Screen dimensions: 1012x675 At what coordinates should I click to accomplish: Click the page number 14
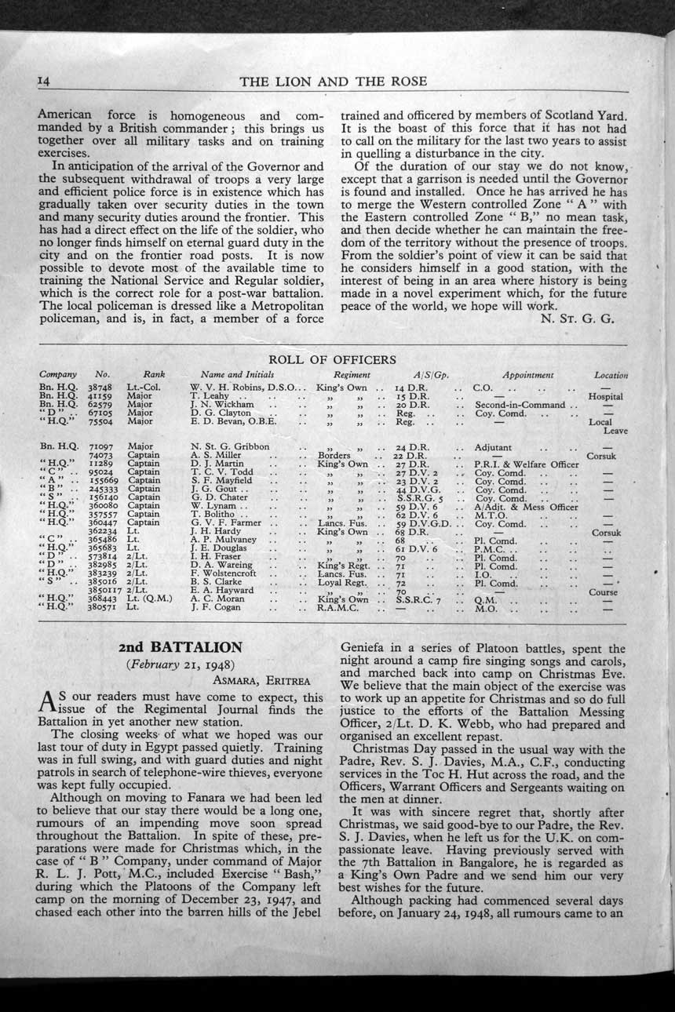pos(44,82)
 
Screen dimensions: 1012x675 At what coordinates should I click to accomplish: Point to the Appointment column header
pos(528,375)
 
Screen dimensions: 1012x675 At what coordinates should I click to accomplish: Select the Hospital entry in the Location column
pos(605,397)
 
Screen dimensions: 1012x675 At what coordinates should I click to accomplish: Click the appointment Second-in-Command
pos(520,405)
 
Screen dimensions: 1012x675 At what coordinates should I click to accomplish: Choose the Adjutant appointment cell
pos(494,447)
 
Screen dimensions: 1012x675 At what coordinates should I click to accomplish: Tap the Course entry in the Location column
pos(604,592)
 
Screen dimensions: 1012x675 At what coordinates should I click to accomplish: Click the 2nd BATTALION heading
pos(180,648)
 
